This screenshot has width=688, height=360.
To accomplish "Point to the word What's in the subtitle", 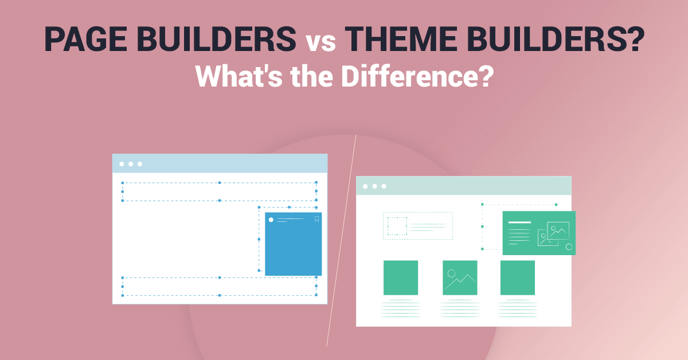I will (x=232, y=77).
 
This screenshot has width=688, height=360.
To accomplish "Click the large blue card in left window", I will (x=293, y=246).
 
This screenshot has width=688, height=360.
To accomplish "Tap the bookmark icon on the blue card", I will (x=316, y=219).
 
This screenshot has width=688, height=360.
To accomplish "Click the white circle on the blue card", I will (x=271, y=220).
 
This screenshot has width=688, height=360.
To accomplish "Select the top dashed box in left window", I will (x=219, y=191).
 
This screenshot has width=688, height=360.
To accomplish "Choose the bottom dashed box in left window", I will (x=219, y=286).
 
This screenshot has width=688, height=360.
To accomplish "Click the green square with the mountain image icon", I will (x=460, y=277).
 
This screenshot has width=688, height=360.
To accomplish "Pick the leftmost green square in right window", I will (x=401, y=277).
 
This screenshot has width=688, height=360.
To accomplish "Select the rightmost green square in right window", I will (x=518, y=277).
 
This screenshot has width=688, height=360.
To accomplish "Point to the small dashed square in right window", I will (x=397, y=226).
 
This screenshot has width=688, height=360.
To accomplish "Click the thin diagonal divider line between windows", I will (x=342, y=241).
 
